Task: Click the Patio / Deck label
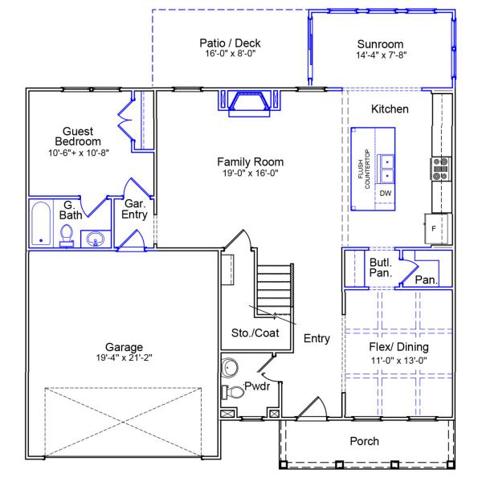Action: pos(231,43)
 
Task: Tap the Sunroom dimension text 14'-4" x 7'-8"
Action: pos(380,55)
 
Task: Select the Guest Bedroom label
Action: pos(78,137)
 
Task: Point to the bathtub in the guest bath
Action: pos(41,225)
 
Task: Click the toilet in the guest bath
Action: pos(67,235)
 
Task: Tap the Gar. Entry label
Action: pos(133,209)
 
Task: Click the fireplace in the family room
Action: pos(249,103)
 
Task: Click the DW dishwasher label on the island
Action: pos(386,194)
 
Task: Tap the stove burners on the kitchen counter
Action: pos(439,168)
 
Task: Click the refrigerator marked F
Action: pos(435,227)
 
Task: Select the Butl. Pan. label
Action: pos(380,268)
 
